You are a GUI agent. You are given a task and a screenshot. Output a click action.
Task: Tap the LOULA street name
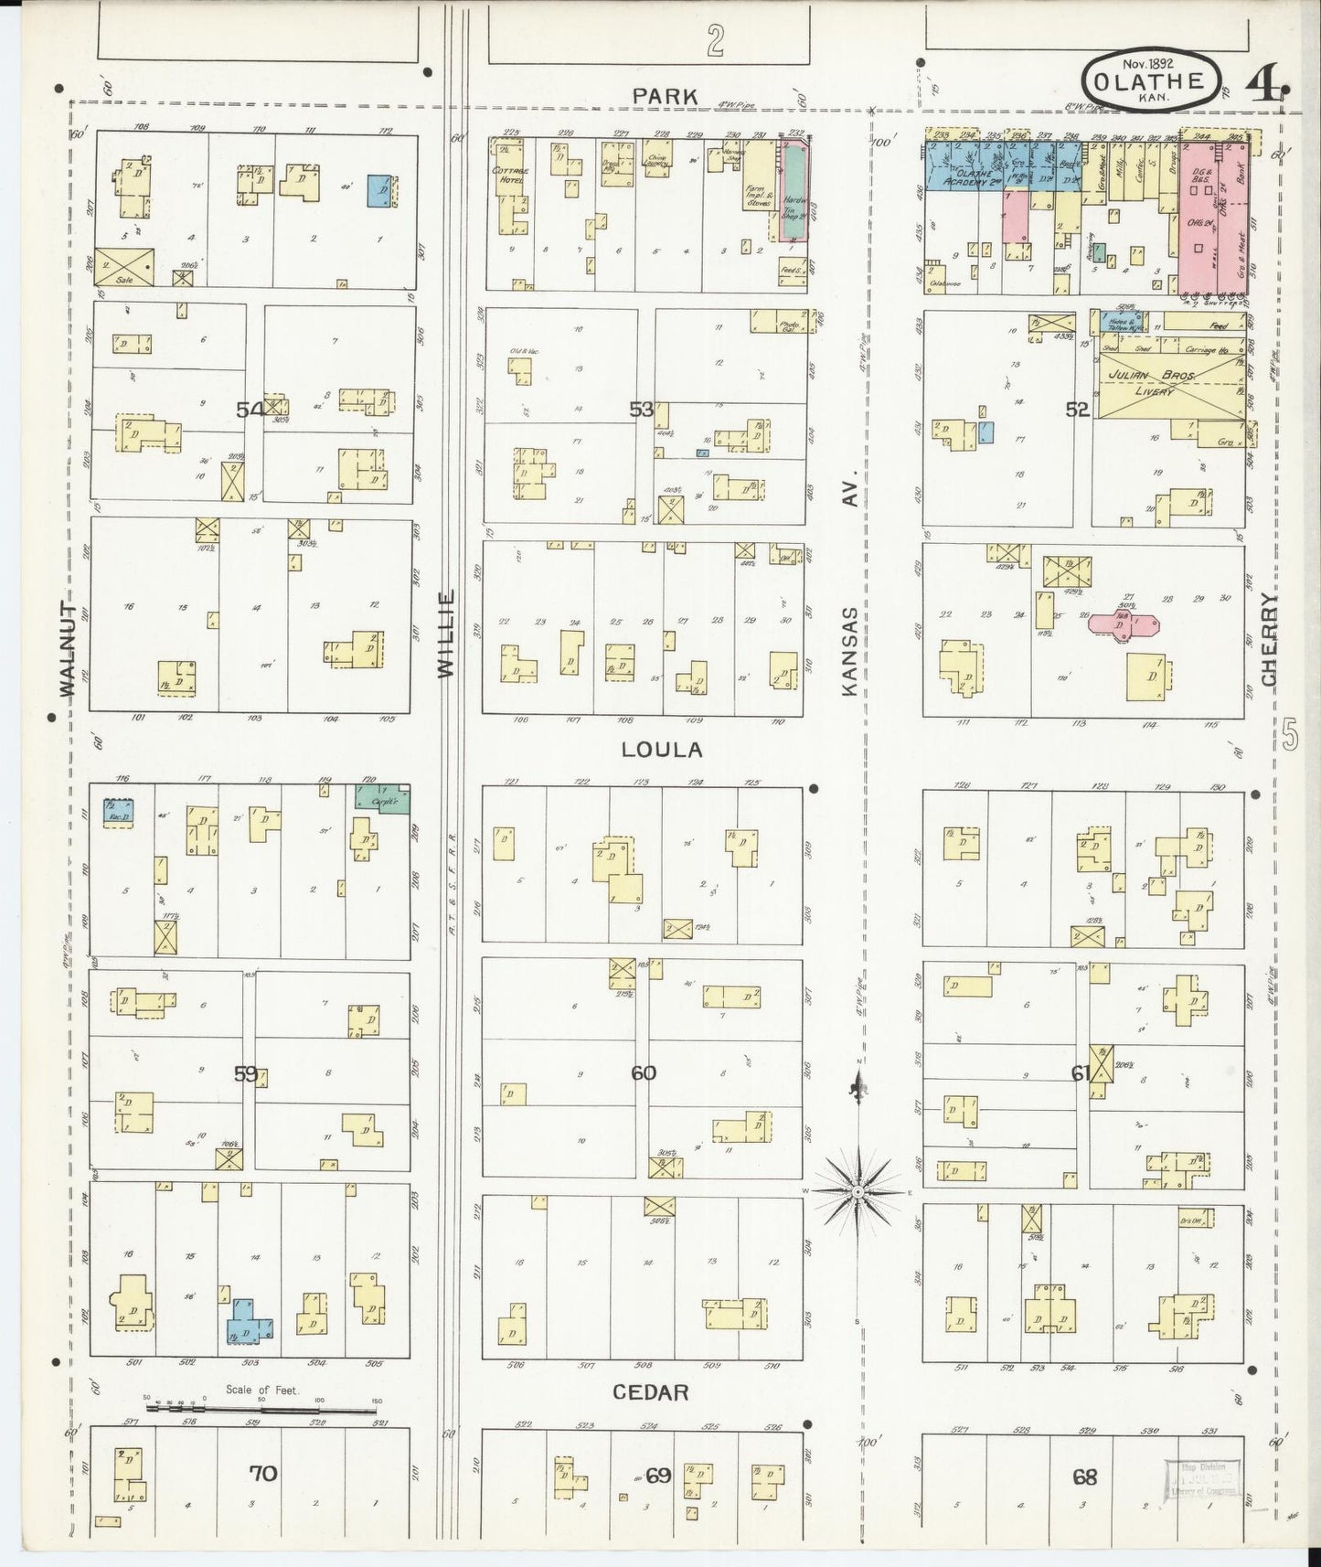[662, 750]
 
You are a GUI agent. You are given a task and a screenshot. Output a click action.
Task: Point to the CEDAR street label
[650, 1391]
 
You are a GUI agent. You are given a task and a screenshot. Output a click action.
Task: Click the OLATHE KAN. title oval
[1149, 80]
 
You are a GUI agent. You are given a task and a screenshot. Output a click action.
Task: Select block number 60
[644, 1072]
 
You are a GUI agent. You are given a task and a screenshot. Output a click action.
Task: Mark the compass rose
[858, 1192]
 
